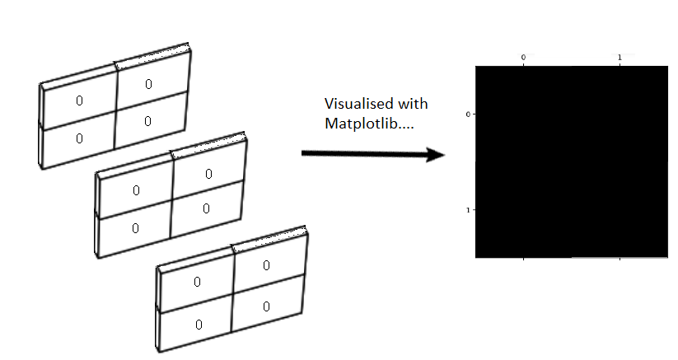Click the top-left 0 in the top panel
(x=79, y=101)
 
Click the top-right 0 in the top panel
(x=148, y=84)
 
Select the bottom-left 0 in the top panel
(x=79, y=138)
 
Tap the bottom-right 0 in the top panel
(x=147, y=121)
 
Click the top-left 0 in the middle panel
(x=136, y=190)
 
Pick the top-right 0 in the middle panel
(x=208, y=174)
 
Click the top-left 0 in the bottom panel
(x=197, y=282)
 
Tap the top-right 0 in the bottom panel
(x=266, y=265)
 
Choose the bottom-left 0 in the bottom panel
(x=198, y=324)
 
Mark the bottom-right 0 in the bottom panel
(x=266, y=306)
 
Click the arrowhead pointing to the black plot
(x=435, y=153)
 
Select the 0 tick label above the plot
(x=523, y=57)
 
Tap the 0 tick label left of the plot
(x=467, y=115)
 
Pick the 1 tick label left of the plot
(x=467, y=210)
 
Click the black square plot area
(x=571, y=162)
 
